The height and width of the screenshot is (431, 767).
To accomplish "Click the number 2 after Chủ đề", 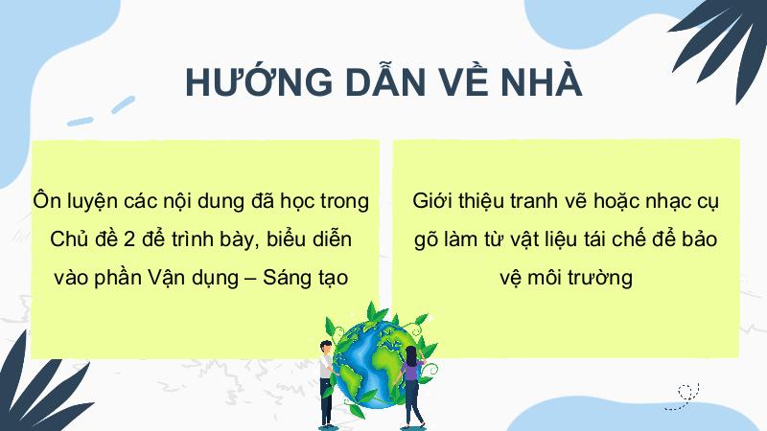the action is (x=129, y=239).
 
